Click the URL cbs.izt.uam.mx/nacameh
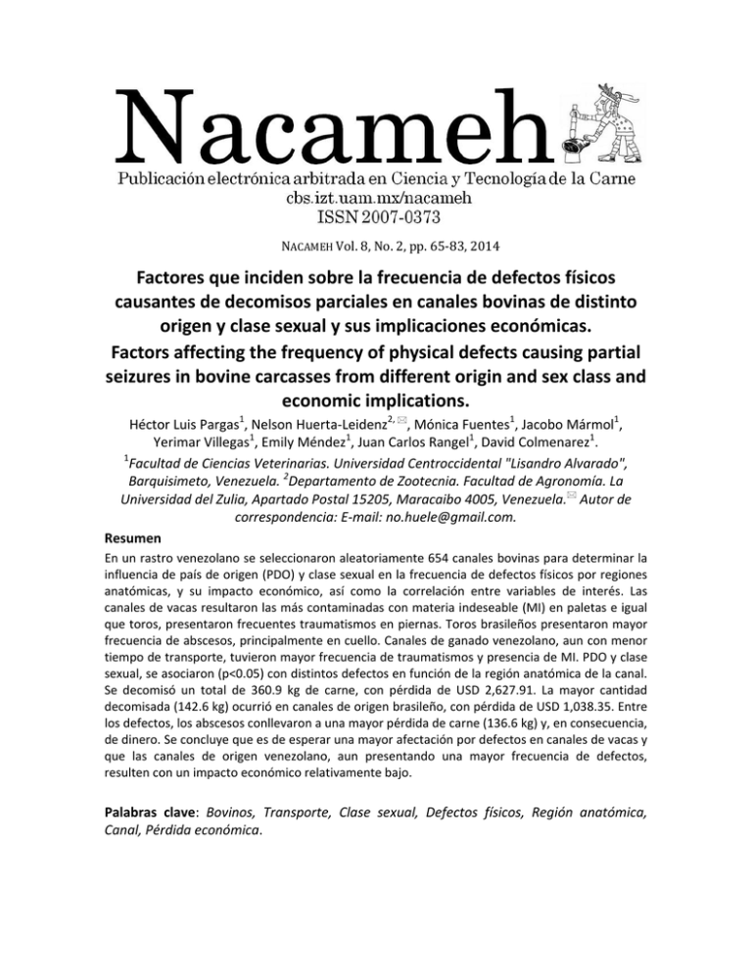[x=376, y=197]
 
